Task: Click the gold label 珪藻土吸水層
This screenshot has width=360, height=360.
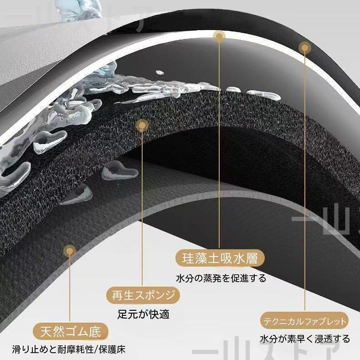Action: (220, 258)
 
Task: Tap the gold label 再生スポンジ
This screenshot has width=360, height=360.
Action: (143, 295)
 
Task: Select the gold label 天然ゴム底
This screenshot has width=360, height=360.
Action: (71, 332)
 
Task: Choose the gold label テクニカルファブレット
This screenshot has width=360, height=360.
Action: (305, 321)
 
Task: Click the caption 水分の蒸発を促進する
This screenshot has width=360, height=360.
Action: (221, 278)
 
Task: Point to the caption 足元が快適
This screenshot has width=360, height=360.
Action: (144, 314)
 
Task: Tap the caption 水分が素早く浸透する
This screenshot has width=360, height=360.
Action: (305, 339)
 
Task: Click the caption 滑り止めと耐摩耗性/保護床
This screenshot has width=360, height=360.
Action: (69, 350)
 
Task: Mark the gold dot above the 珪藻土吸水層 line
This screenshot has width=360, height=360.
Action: (219, 36)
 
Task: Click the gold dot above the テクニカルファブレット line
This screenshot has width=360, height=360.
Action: (305, 48)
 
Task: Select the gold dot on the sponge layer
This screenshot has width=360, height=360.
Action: (142, 125)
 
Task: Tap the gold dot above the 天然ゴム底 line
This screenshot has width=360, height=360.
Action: (70, 251)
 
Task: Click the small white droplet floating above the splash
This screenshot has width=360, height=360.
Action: (160, 72)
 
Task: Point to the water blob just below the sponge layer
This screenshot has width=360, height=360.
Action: (119, 170)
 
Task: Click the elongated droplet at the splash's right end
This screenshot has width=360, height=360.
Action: (263, 95)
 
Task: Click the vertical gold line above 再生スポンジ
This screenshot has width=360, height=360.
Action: (142, 208)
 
